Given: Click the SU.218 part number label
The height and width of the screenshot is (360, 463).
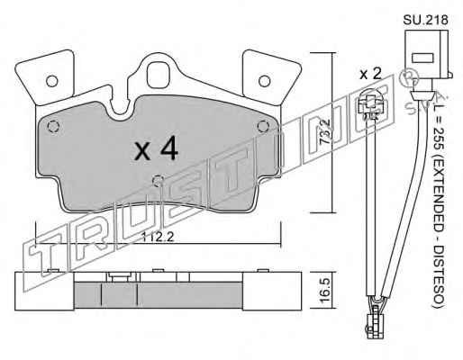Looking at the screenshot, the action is pyautogui.click(x=425, y=20).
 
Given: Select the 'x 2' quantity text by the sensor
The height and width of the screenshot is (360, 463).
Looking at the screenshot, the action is pyautogui.click(x=370, y=74).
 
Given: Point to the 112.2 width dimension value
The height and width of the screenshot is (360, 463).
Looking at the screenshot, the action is pyautogui.click(x=158, y=238).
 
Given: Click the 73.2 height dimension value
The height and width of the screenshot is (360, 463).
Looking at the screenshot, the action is pyautogui.click(x=325, y=132).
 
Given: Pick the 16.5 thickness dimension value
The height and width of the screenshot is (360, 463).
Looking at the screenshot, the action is pyautogui.click(x=325, y=290).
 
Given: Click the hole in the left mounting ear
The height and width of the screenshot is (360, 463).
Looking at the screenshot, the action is pyautogui.click(x=52, y=81).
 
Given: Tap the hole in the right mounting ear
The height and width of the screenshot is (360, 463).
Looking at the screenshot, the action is pyautogui.click(x=265, y=81).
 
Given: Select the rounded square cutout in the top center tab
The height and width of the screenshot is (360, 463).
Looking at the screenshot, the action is pyautogui.click(x=159, y=75).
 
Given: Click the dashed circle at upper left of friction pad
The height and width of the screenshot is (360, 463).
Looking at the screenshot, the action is pyautogui.click(x=53, y=126).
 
